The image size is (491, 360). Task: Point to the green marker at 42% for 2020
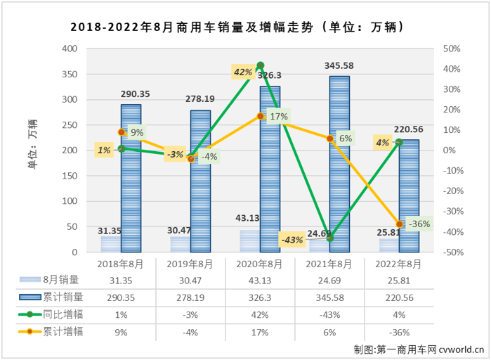tap(261, 65)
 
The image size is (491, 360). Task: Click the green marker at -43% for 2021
tap(329, 238)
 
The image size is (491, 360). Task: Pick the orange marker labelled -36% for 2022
tap(399, 224)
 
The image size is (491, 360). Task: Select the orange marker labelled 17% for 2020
tap(261, 116)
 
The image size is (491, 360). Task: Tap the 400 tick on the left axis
tap(69, 49)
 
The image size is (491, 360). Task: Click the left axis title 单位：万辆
tap(33, 150)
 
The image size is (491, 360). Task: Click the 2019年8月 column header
tap(190, 264)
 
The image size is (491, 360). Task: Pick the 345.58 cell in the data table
tap(329, 297)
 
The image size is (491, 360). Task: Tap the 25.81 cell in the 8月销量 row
tap(399, 281)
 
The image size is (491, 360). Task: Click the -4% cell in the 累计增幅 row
tap(190, 330)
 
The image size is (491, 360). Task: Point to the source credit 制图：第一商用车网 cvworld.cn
tap(414, 348)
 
